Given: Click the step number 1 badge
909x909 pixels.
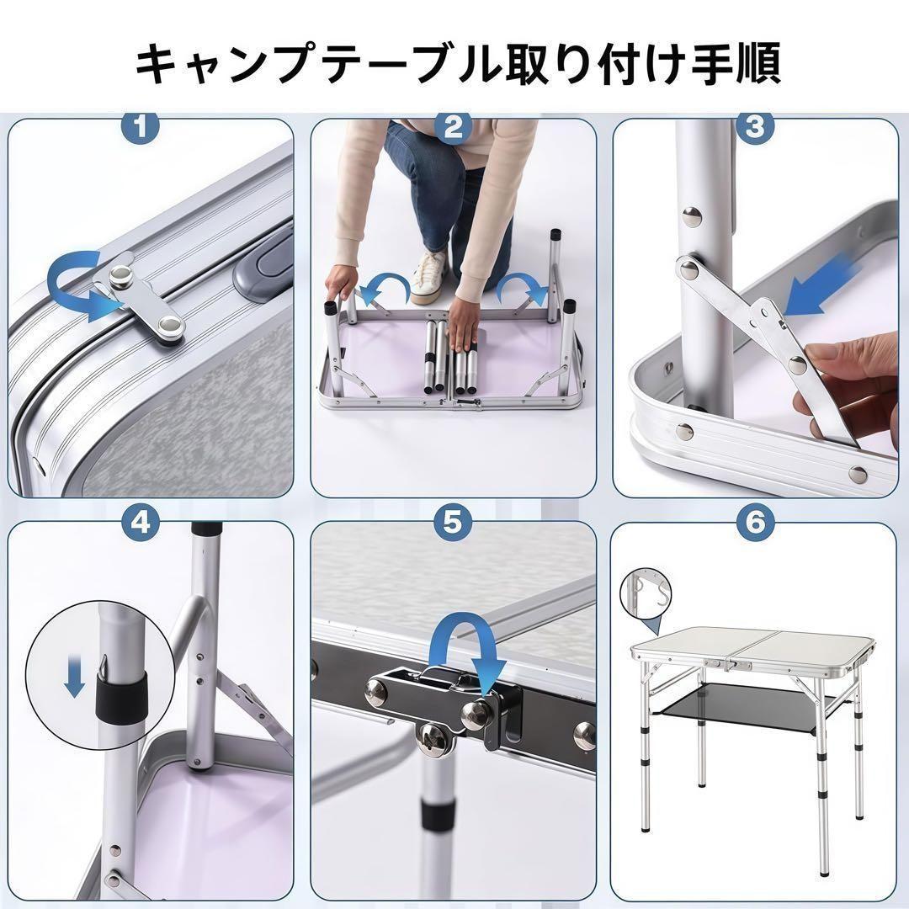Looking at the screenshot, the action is [141, 126].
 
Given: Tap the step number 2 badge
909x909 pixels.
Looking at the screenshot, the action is [454, 126].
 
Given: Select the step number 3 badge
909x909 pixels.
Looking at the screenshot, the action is [755, 126].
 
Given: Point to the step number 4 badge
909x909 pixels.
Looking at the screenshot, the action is [141, 524].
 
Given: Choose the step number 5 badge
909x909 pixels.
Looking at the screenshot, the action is [453, 524].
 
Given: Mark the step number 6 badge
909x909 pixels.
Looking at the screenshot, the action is [755, 524].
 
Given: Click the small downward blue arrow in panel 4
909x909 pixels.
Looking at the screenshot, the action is [74, 676].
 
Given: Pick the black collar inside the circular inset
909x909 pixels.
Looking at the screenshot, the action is [120, 698].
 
